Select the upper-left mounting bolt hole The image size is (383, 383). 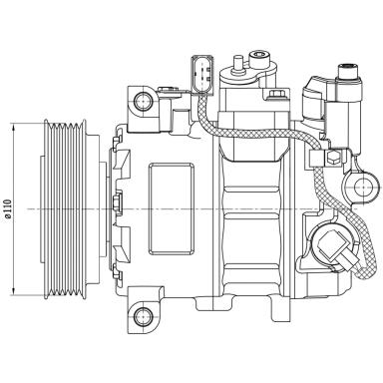coord(144,100)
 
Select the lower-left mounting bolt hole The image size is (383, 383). coord(143,320)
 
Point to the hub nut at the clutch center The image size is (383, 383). coord(117,208)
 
